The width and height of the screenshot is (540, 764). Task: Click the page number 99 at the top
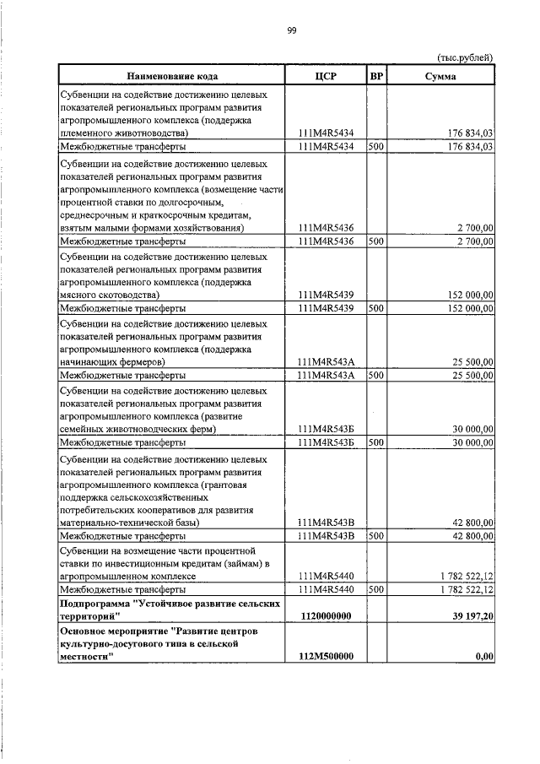click(x=291, y=30)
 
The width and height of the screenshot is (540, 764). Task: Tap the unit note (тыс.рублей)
click(x=465, y=57)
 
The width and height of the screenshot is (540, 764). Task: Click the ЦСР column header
click(x=325, y=76)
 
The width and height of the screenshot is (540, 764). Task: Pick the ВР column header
click(x=376, y=76)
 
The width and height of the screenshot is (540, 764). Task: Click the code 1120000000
click(x=325, y=617)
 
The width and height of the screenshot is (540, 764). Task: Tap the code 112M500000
click(x=325, y=657)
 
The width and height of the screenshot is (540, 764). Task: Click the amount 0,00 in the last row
click(x=483, y=657)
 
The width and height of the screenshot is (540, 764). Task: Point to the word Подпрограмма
click(x=92, y=604)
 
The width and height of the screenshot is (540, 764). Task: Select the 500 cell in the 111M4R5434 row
click(x=376, y=146)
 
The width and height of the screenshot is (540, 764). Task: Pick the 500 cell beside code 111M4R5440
click(x=376, y=588)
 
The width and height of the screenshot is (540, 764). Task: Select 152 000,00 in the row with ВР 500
click(x=467, y=308)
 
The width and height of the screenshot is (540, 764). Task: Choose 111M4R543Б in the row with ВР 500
click(x=325, y=442)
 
